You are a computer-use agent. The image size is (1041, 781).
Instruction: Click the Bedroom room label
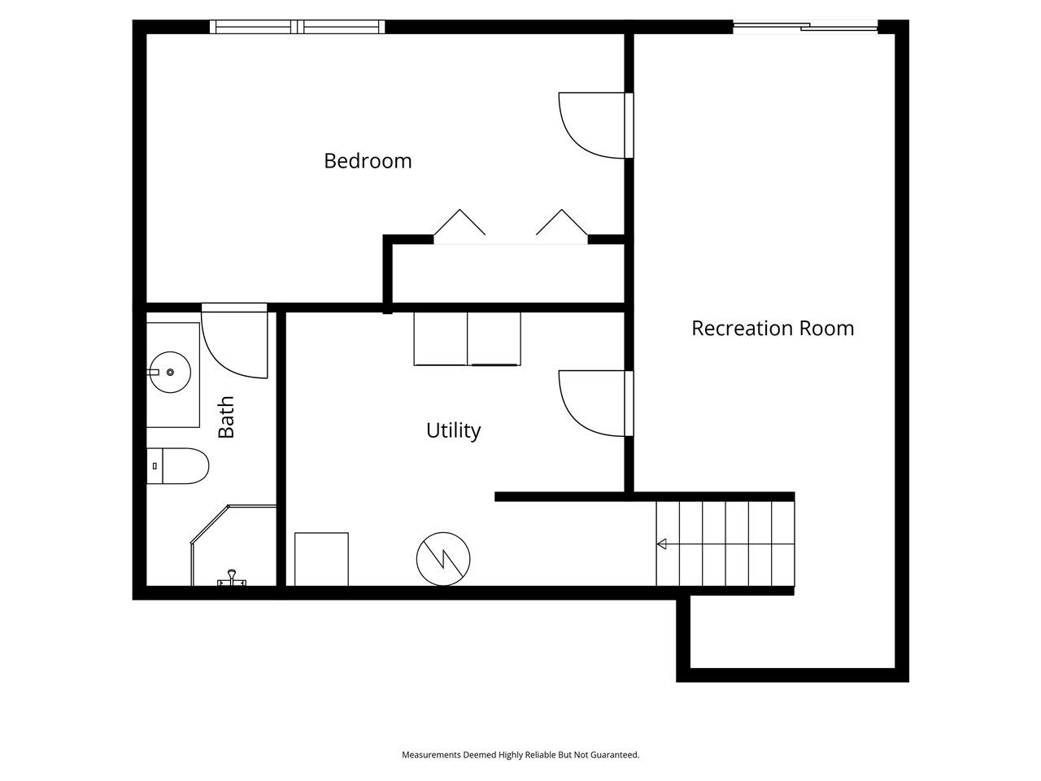pos(368,161)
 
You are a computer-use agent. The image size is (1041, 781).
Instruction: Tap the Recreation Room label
pos(772,328)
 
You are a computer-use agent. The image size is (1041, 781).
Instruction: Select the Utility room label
pos(453,430)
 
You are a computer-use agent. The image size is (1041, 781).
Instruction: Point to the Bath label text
pos(226,417)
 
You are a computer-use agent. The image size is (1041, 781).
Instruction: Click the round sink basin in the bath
pos(170,373)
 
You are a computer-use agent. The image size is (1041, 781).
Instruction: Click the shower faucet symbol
pos(232,578)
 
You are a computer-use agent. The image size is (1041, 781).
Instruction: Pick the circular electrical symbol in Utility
pos(443,559)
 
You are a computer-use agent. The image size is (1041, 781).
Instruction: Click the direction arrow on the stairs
pos(662,543)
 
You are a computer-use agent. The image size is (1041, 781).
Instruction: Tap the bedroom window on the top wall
pos(298,27)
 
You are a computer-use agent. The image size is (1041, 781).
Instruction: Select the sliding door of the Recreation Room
pos(805,28)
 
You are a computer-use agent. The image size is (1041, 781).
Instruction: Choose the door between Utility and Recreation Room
pos(594,404)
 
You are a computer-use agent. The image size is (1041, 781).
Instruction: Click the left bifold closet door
pos(460,223)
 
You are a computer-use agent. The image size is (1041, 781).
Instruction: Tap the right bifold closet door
pos(562,223)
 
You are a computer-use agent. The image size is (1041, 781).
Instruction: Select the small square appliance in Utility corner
pos(321,559)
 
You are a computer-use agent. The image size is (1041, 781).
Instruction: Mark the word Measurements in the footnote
pos(431,755)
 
